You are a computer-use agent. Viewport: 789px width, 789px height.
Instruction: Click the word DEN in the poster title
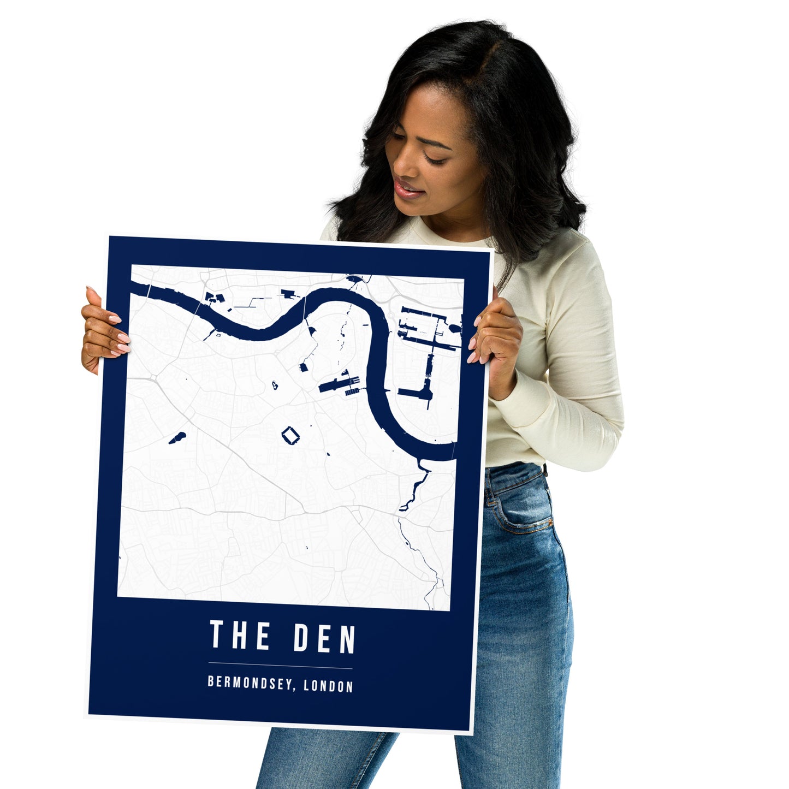(325, 638)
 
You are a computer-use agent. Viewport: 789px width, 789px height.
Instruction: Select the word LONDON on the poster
(328, 686)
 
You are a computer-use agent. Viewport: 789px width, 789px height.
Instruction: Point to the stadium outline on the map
(291, 436)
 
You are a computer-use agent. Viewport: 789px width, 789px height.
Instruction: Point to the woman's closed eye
(434, 159)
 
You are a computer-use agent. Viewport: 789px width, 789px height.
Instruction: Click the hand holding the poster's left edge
(104, 331)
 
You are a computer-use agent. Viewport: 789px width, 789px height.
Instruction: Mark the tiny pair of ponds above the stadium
(275, 385)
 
